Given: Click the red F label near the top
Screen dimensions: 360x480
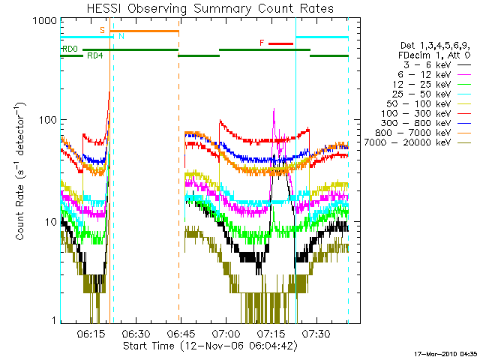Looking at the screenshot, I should tap(262, 43).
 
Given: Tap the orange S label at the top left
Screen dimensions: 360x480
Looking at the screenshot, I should tap(103, 29).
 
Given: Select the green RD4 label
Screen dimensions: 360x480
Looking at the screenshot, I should tap(95, 55).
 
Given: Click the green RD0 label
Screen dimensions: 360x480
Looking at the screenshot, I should tap(70, 49).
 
